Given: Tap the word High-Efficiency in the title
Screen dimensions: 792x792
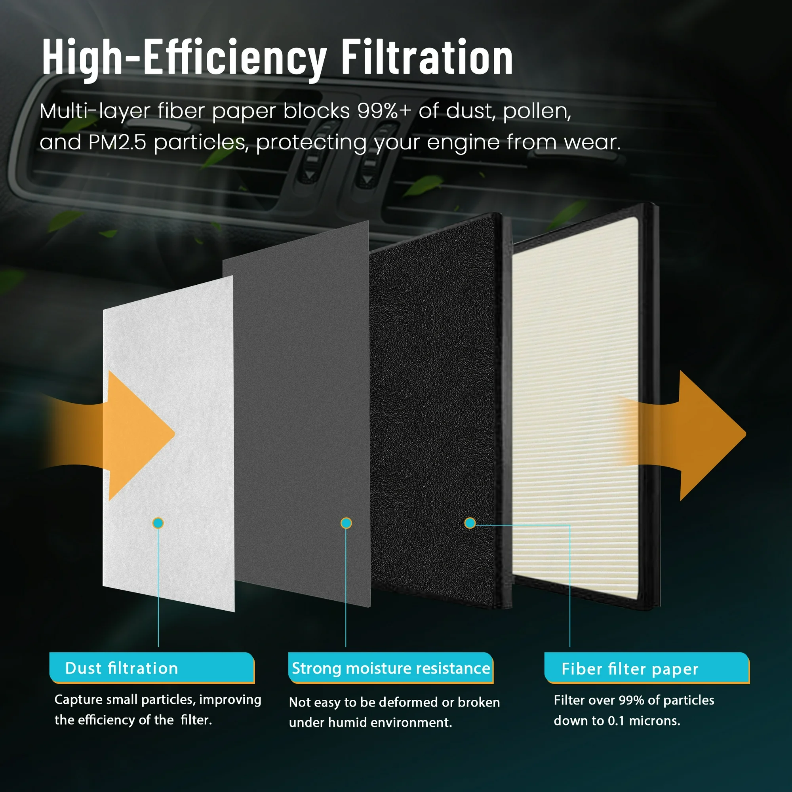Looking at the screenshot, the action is [x=185, y=59].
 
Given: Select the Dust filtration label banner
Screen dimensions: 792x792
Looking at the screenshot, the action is [x=152, y=668].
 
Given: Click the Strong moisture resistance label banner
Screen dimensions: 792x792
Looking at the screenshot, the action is [x=391, y=668].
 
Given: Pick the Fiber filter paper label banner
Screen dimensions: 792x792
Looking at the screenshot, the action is [x=647, y=668].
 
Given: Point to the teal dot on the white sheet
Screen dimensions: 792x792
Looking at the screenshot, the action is [x=158, y=523].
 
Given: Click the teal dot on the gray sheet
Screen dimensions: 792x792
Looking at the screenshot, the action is [x=346, y=523].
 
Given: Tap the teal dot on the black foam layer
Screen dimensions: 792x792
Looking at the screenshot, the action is [x=470, y=523].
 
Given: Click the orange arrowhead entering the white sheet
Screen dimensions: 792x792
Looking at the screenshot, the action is [x=139, y=435].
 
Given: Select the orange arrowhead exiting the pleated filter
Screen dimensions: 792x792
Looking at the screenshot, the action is [x=711, y=435].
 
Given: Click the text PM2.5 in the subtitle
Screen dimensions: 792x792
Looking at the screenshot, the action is [x=117, y=143].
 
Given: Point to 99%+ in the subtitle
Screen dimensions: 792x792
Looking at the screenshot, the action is [x=384, y=111].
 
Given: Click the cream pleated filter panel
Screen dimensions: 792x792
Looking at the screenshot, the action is [x=575, y=408].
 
